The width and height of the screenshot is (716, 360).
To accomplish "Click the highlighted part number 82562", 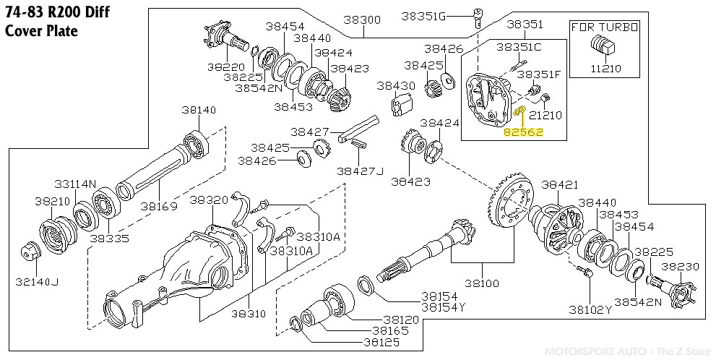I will tap(524, 132).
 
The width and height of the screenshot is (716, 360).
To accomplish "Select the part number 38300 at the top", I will tap(361, 20).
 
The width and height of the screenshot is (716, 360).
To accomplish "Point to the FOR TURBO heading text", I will tap(605, 27).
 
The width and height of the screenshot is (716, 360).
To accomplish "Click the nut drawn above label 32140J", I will tap(30, 250).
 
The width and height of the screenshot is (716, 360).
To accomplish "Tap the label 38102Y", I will tap(590, 309).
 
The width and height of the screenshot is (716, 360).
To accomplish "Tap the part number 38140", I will tap(199, 110).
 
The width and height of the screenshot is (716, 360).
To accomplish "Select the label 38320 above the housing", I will tap(210, 200).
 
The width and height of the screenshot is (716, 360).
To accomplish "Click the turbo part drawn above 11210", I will tap(603, 46).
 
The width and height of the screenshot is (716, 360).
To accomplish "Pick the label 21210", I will tap(545, 115).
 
